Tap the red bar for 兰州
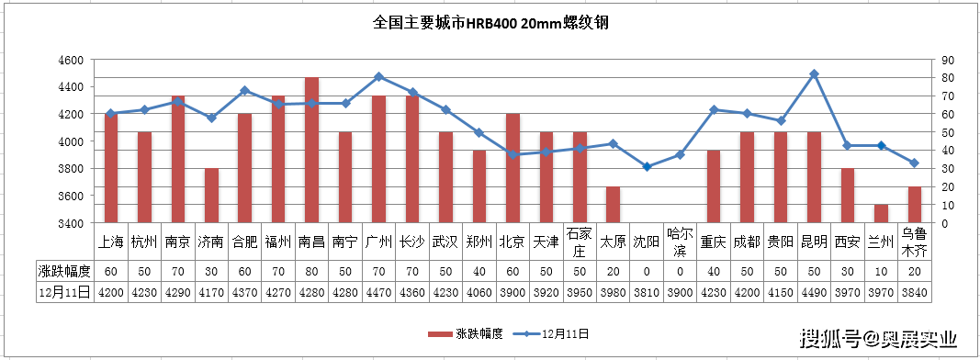click(881, 213)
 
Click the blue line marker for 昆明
click(814, 73)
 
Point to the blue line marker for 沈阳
click(647, 166)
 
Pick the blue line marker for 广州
click(378, 76)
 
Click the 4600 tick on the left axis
click(71, 60)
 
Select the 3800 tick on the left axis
click(71, 169)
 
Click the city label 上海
click(111, 242)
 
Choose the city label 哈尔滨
click(681, 242)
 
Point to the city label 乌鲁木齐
click(914, 242)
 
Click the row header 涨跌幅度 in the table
click(64, 271)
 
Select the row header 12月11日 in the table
click(64, 292)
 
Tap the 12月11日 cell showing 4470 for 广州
click(378, 292)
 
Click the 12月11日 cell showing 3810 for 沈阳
click(647, 292)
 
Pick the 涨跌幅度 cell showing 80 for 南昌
click(312, 271)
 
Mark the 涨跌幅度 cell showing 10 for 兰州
click(881, 271)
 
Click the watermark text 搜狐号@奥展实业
click(877, 339)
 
